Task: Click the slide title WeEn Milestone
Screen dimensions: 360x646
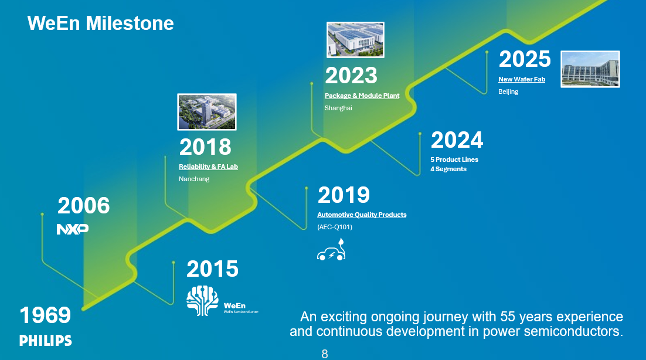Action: pos(100,23)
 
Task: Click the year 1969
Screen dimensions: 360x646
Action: pos(45,315)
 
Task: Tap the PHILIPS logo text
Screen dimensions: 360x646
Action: pos(46,341)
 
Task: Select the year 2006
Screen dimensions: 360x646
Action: pos(83,206)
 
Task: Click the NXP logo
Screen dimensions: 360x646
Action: pos(72,229)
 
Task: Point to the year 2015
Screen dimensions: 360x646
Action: pos(212,269)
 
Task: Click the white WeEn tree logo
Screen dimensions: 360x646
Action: pos(202,300)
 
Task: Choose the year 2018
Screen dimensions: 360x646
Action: pos(205,147)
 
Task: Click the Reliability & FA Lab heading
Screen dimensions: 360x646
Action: pos(208,167)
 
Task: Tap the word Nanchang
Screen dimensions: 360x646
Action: pos(194,179)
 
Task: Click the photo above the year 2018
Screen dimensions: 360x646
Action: pos(206,111)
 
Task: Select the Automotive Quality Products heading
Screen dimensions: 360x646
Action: pos(362,215)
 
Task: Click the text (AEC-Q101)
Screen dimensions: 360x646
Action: pos(335,227)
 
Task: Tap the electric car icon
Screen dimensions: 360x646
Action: pos(331,250)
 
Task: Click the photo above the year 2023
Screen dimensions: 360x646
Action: pos(355,40)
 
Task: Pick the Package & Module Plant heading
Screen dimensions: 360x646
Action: pos(362,96)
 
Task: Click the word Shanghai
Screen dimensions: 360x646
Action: pos(338,108)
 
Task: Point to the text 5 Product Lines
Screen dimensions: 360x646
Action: pos(454,159)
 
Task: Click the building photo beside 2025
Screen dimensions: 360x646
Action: pos(590,69)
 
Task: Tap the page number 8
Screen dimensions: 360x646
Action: pos(325,354)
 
